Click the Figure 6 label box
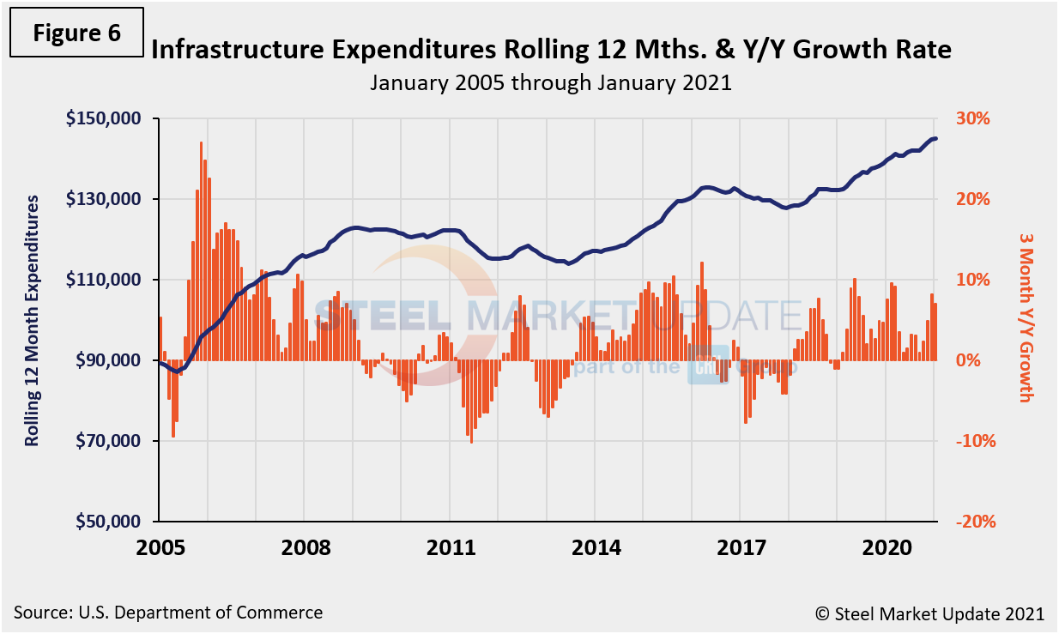click(x=76, y=33)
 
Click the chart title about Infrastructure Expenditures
click(x=550, y=50)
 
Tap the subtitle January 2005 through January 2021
click(x=550, y=83)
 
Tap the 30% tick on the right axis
click(x=972, y=118)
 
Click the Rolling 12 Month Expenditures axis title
click(x=33, y=320)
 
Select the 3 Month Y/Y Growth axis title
click(x=1025, y=316)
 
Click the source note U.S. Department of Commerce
click(x=168, y=613)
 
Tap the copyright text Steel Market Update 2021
click(x=929, y=613)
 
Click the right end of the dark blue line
click(x=935, y=138)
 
